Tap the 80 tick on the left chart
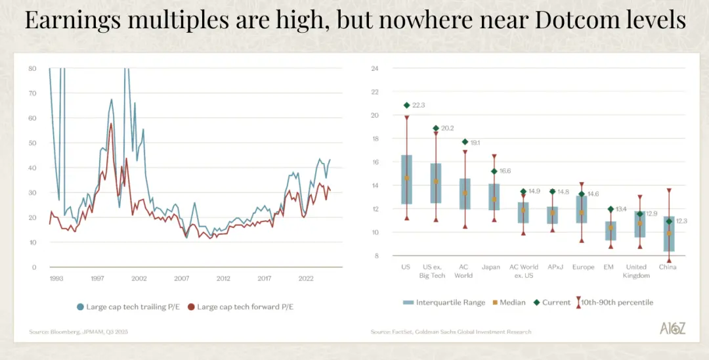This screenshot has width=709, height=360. click(x=32, y=68)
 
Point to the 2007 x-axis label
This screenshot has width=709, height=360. click(x=181, y=279)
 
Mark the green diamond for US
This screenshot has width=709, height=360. click(x=406, y=105)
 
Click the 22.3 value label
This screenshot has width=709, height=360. click(x=419, y=105)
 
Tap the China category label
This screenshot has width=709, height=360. click(x=668, y=267)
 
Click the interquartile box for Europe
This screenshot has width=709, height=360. click(x=581, y=209)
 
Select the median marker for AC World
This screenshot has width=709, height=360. click(x=465, y=193)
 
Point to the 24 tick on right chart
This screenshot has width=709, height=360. click(x=375, y=68)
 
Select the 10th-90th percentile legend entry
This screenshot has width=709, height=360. click(x=614, y=302)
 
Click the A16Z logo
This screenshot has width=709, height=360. click(x=672, y=328)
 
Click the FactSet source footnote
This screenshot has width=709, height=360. click(x=451, y=332)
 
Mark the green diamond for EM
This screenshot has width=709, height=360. click(x=610, y=209)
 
